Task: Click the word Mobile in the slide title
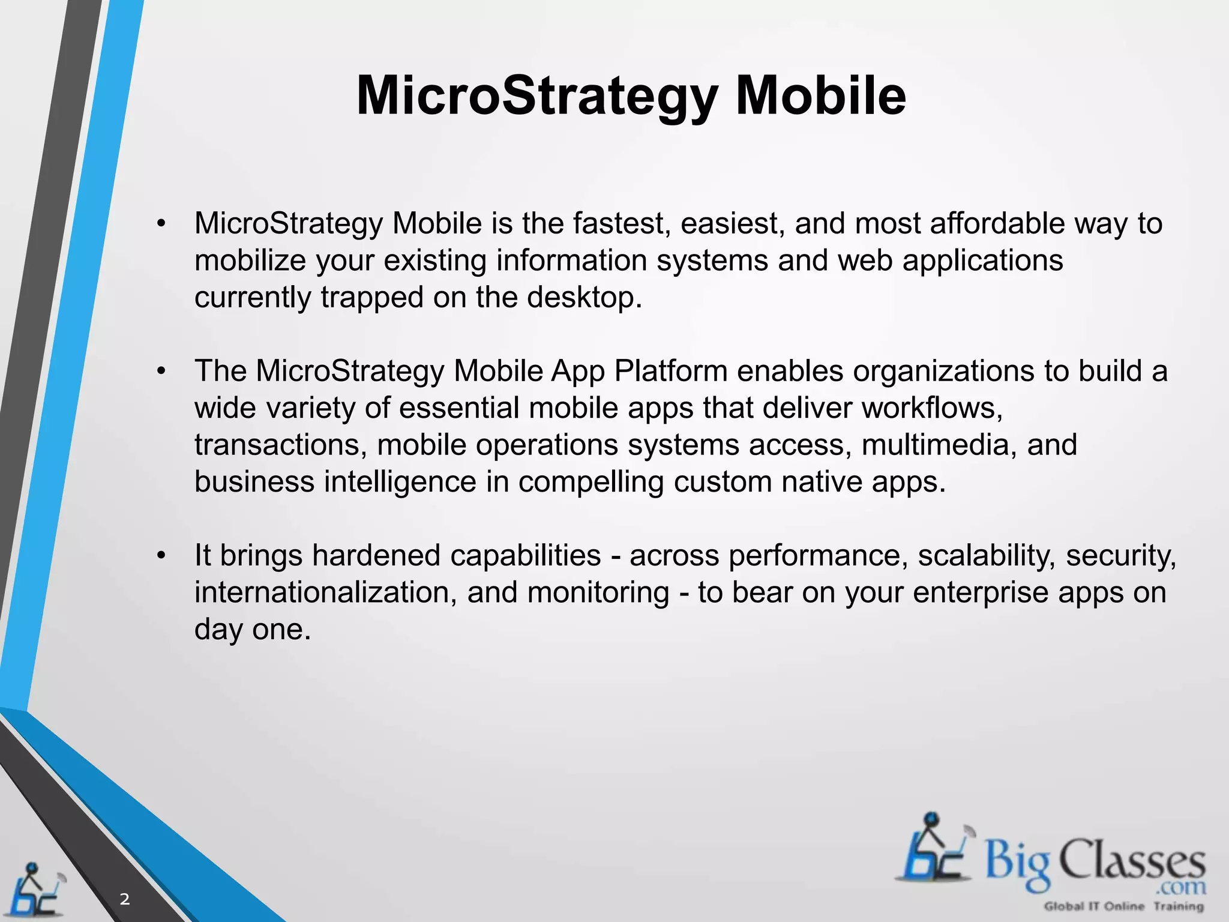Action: [820, 96]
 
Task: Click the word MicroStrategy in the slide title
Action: [537, 96]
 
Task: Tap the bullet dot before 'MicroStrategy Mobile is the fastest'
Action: [160, 224]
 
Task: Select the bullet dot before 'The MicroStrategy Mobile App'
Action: [160, 372]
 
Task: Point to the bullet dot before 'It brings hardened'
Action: [160, 556]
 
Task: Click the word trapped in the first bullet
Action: [372, 298]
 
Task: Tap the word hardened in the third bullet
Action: [376, 556]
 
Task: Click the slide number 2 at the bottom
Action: [124, 899]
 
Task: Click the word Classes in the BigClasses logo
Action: [1131, 861]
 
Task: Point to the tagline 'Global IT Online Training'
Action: [1123, 906]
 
